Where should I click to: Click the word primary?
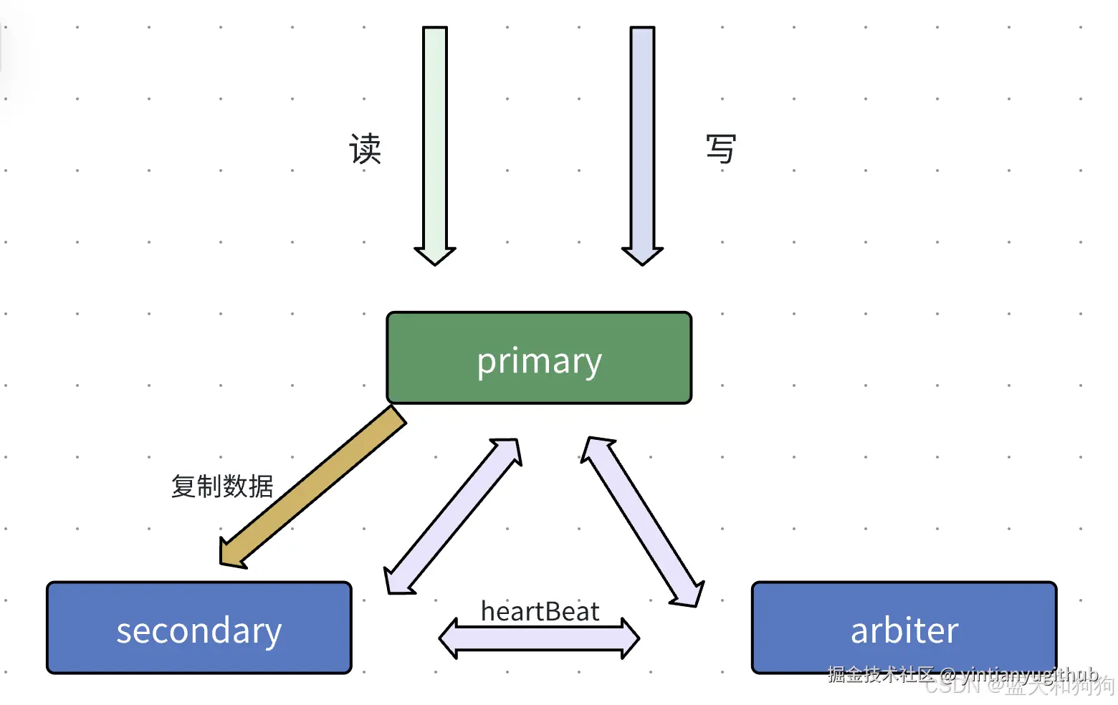pyautogui.click(x=539, y=361)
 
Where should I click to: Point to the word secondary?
pyautogui.click(x=199, y=630)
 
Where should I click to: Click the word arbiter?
pyautogui.click(x=904, y=630)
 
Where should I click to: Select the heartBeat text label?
pyautogui.click(x=540, y=611)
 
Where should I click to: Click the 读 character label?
pyautogui.click(x=365, y=149)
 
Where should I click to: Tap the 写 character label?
pyautogui.click(x=720, y=149)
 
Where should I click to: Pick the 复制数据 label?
pyautogui.click(x=222, y=486)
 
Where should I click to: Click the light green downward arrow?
pyautogui.click(x=435, y=136)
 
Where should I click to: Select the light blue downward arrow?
pyautogui.click(x=642, y=136)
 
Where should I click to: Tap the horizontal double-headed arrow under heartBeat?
pyautogui.click(x=539, y=638)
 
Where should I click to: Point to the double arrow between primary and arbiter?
pyautogui.click(x=642, y=522)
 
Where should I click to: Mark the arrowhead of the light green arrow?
pyautogui.click(x=435, y=255)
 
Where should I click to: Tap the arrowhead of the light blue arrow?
pyautogui.click(x=642, y=255)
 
